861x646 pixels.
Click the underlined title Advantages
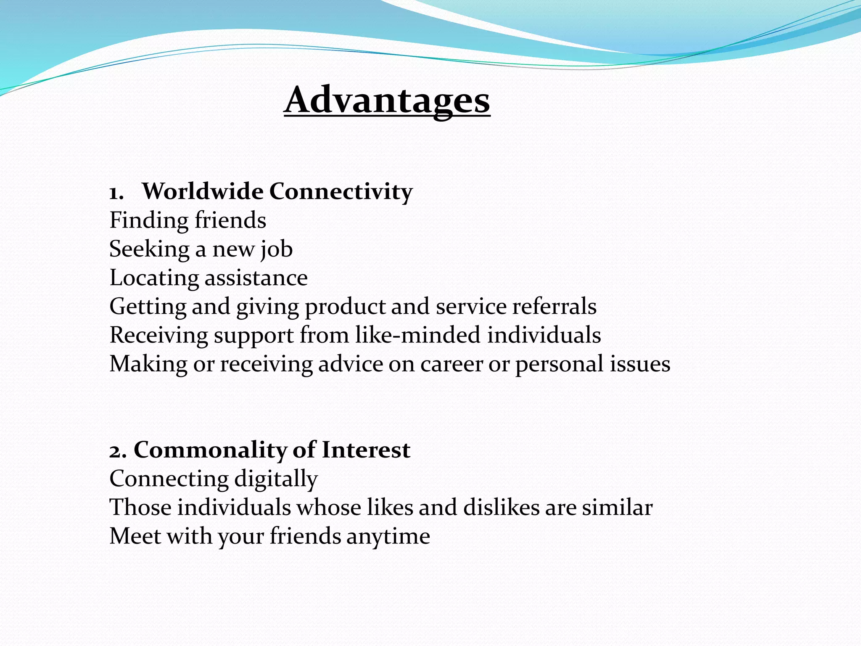coord(387,101)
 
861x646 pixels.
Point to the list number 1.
coord(116,193)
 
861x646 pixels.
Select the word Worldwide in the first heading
coord(203,191)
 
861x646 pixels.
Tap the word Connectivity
coord(341,192)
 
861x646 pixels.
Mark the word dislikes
coord(501,508)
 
